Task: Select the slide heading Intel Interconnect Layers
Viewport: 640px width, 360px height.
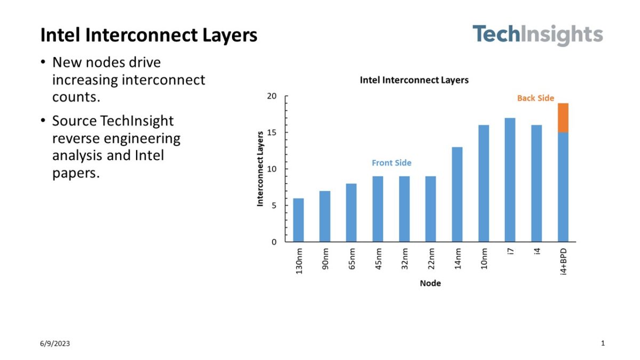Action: (149, 35)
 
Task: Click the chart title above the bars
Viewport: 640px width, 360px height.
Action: (414, 80)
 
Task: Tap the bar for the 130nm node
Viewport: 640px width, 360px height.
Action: (298, 220)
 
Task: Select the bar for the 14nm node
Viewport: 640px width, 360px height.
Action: (457, 194)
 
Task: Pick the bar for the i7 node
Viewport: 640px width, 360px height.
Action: (510, 180)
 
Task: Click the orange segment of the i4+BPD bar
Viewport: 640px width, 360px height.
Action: (563, 117)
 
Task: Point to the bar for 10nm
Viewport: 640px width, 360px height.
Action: (483, 183)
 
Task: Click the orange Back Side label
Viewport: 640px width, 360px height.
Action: (535, 98)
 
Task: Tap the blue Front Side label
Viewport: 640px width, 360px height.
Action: (391, 163)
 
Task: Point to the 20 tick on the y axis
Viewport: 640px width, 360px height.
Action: (272, 96)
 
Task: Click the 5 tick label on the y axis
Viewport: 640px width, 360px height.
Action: (274, 205)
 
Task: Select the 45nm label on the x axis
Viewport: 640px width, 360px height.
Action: (378, 259)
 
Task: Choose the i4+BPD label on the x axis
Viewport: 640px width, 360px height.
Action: (563, 261)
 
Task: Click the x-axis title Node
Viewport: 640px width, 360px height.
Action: (430, 283)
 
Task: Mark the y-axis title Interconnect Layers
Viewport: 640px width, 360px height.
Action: (260, 169)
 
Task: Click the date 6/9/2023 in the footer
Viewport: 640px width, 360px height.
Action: (54, 343)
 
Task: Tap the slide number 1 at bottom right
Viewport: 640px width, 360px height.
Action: (603, 343)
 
